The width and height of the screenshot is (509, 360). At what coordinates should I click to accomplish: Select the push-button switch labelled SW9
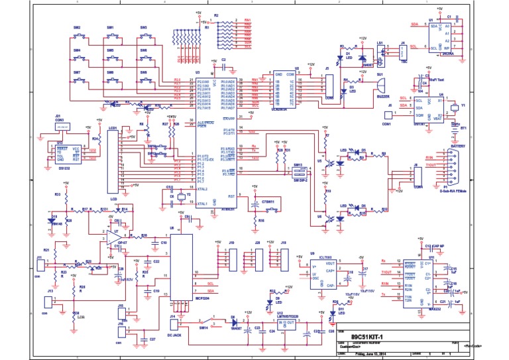(143, 80)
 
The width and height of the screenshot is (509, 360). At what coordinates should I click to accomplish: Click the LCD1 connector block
(113, 160)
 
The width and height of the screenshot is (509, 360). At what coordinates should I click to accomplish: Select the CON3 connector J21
(61, 125)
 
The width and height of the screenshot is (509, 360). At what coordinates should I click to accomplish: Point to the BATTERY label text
(458, 145)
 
